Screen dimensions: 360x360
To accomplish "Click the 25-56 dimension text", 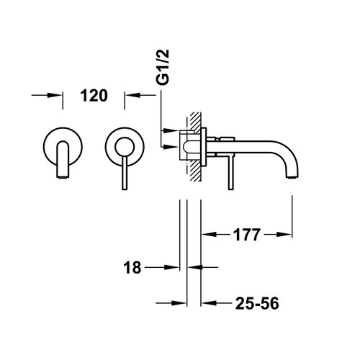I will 256,304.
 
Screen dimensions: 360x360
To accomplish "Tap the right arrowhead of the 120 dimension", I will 131,95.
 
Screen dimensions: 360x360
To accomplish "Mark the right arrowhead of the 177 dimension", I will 287,233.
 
